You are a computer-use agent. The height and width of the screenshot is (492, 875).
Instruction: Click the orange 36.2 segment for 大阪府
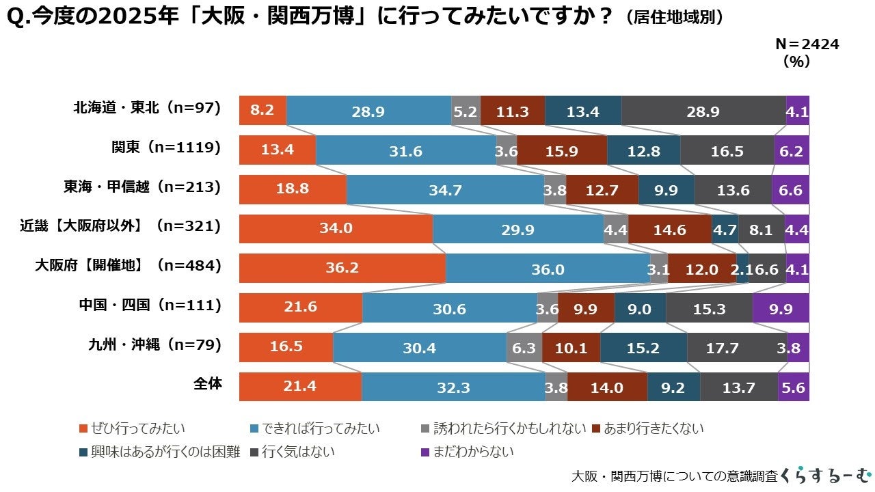tap(342, 269)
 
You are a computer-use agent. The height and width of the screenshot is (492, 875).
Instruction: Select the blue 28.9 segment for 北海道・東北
tap(368, 111)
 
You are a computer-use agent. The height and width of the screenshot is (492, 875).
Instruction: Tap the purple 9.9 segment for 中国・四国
tap(780, 308)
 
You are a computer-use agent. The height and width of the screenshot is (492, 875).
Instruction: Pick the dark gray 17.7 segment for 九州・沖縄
tap(736, 348)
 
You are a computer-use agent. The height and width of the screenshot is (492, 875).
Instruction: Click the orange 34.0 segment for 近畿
tap(336, 229)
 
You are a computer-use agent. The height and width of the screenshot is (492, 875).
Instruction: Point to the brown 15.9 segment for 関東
tap(561, 150)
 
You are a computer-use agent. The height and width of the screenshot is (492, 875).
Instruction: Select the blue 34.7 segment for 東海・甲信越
tap(445, 190)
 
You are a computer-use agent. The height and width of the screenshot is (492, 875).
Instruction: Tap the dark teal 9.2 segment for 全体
tap(673, 387)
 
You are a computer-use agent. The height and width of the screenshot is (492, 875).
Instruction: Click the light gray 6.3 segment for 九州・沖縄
tap(524, 348)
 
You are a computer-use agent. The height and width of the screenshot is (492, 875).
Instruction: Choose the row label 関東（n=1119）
tap(166, 148)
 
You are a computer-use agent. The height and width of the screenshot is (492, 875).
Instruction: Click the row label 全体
tap(207, 384)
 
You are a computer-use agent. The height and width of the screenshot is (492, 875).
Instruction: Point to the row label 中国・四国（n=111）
tap(150, 305)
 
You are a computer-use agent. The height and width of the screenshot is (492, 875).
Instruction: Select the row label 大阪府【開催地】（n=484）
tap(129, 266)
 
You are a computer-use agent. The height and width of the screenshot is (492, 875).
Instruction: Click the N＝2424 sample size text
tap(807, 44)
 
